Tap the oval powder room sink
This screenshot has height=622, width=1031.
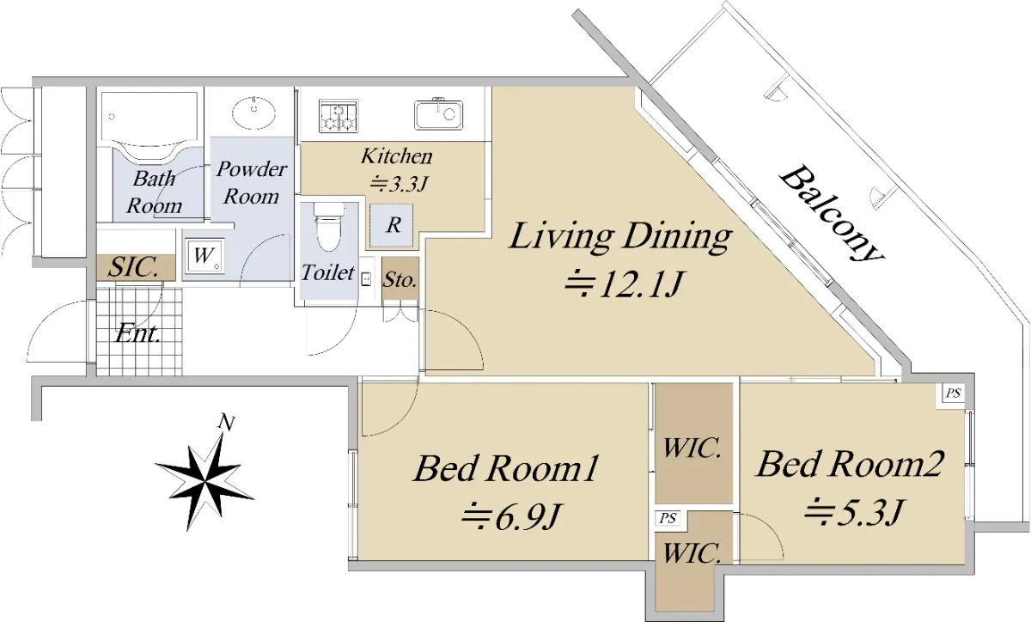(x=253, y=112)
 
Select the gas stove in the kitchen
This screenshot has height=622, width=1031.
(x=339, y=116)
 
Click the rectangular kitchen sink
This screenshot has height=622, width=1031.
(x=439, y=114)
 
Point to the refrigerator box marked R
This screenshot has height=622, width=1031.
(x=392, y=225)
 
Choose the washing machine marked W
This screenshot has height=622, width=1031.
(x=204, y=256)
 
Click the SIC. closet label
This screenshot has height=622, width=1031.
(x=133, y=267)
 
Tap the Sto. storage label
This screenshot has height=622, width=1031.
(x=400, y=280)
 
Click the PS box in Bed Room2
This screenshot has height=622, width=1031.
(x=953, y=393)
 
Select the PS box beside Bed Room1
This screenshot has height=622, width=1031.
(x=668, y=518)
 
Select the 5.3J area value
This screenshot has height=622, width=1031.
(x=853, y=512)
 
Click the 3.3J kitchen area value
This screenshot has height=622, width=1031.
(x=400, y=184)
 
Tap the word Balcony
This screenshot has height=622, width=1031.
(x=832, y=214)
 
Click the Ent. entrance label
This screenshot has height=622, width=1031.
(x=137, y=333)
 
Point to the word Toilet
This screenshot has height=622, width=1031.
(x=327, y=272)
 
